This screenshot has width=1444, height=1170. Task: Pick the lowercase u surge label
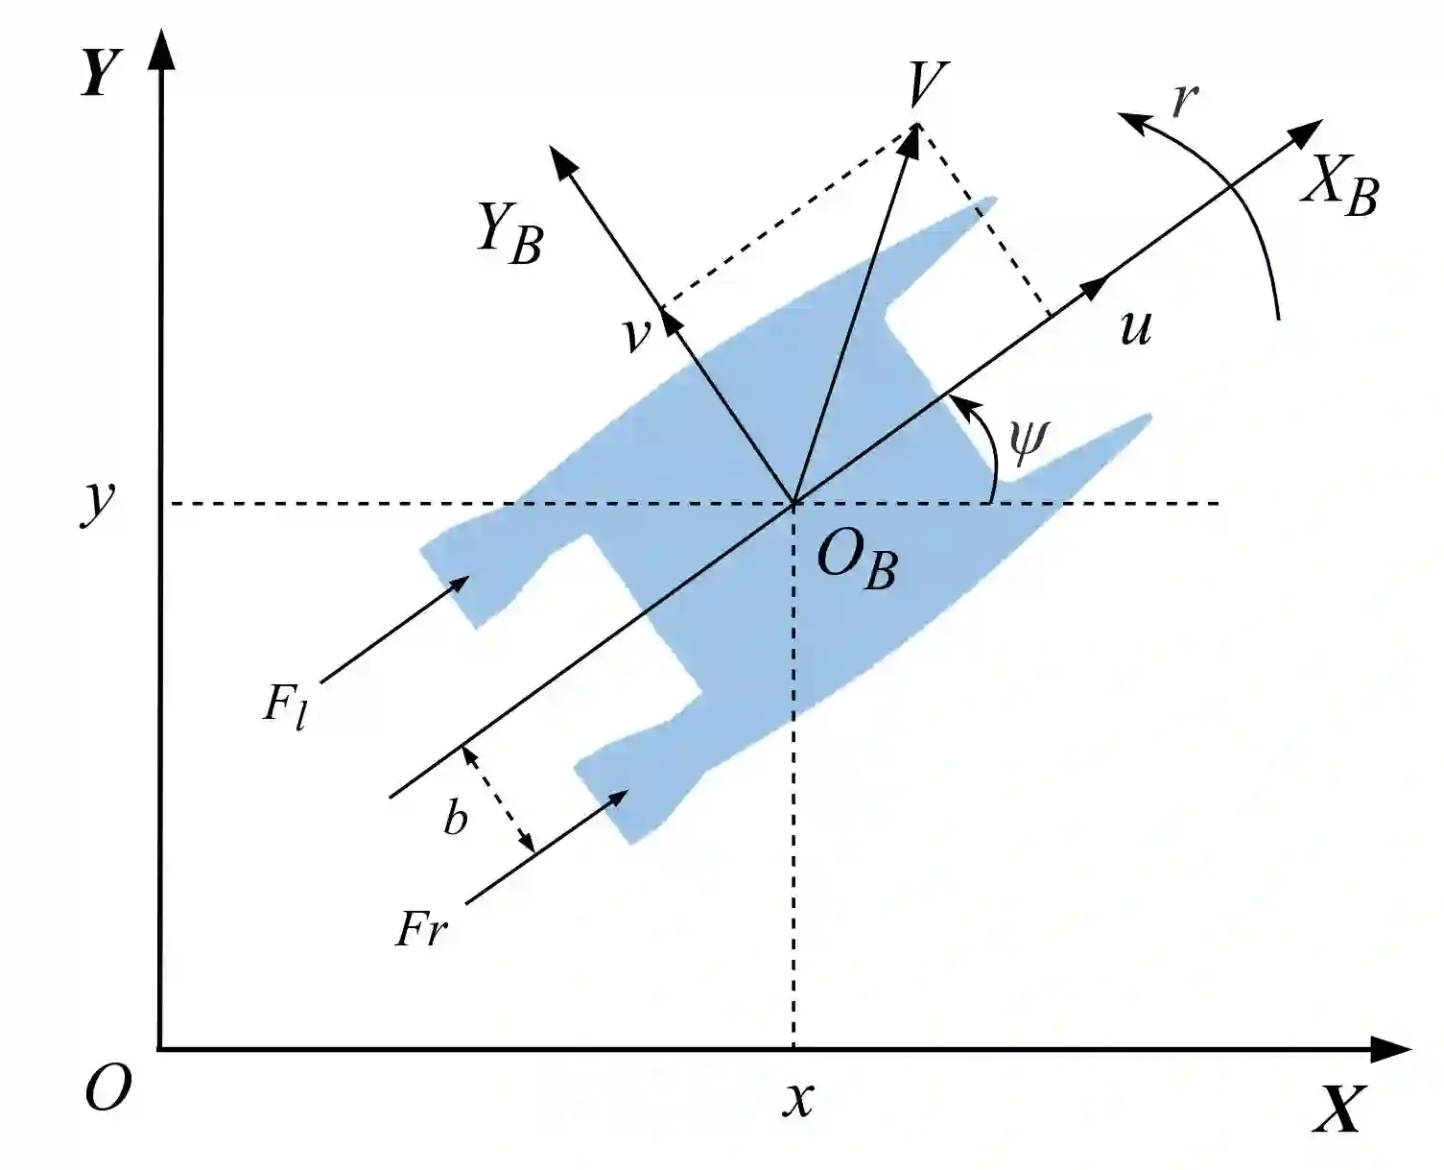coord(1135,327)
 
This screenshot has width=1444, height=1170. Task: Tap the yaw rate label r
coord(1186,99)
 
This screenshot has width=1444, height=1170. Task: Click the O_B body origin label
coord(856,561)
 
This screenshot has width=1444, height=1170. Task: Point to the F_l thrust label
coord(285,708)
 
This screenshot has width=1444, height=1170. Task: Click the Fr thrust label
coord(421,928)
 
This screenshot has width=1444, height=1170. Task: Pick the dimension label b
coord(456,818)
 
